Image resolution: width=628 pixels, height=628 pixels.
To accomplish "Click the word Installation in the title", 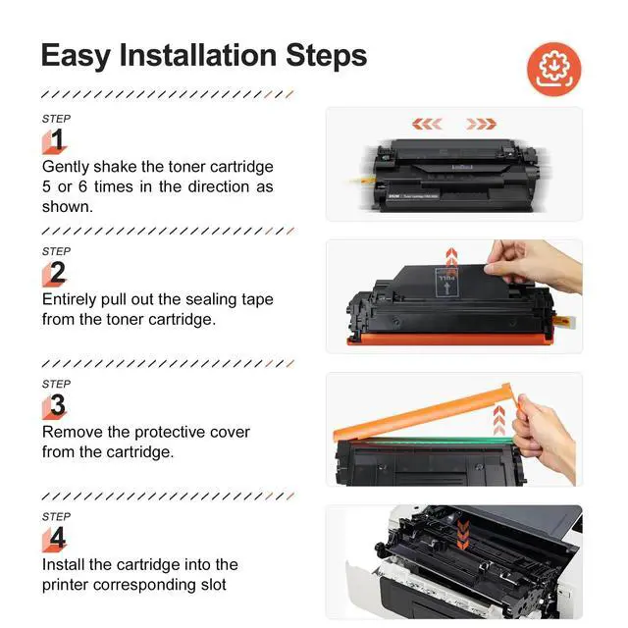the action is coord(198,55).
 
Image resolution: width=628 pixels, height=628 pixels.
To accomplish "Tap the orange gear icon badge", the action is coord(553,70).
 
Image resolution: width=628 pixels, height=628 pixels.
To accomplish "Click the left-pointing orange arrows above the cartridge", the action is coord(427,125).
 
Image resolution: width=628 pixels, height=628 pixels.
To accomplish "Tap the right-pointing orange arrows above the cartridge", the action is coord(482,125).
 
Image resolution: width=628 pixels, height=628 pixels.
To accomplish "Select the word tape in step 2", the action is coord(254,300).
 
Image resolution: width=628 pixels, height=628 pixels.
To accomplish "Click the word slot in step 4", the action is coord(214,585).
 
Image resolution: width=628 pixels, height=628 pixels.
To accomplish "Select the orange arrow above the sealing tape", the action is coord(451,257).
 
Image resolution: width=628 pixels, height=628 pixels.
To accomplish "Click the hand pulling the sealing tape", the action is coord(533,264).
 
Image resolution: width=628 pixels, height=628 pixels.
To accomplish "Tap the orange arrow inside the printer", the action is coord(463,534).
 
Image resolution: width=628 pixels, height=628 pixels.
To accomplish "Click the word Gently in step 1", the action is coord(66,167).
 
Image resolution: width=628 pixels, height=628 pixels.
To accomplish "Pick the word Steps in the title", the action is coord(327,56).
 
